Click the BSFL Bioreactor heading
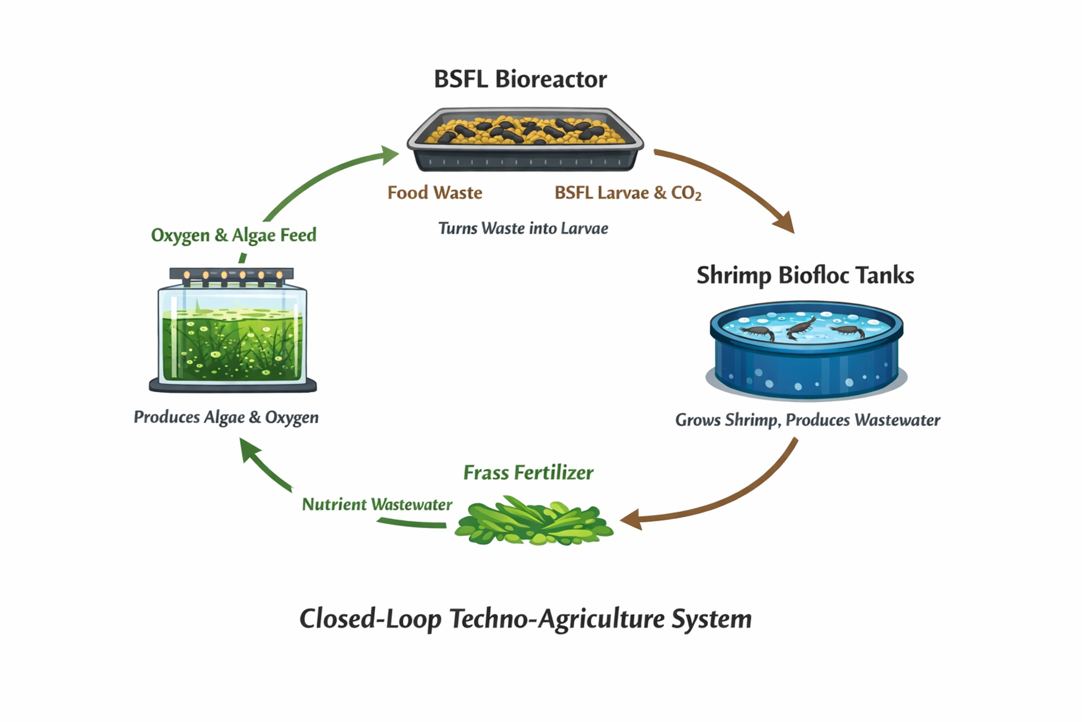520,79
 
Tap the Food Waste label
435,192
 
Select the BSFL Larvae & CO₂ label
628,193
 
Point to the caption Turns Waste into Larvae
523,228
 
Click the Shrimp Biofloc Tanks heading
805,275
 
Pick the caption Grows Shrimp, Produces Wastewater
807,420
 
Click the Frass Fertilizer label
528,473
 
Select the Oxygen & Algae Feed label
234,235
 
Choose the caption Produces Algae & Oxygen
226,417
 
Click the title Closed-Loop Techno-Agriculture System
526,619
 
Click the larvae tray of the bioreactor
525,138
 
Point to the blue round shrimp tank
806,350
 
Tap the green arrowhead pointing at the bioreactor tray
389,154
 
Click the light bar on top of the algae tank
231,274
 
